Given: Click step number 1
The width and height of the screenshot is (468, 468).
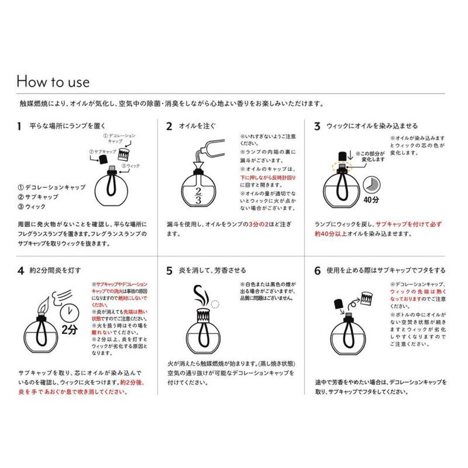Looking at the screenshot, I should click(19, 126).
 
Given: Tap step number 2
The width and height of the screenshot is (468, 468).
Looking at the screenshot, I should click(169, 126).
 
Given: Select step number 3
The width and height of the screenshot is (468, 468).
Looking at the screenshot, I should click(316, 126).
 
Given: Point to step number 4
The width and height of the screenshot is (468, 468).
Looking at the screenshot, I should click(20, 270).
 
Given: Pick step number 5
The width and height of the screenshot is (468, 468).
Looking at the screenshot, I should click(169, 270).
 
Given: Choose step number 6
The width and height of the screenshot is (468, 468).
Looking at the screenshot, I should click(316, 270).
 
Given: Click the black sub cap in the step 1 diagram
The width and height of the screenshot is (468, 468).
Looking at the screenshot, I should click(103, 159).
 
